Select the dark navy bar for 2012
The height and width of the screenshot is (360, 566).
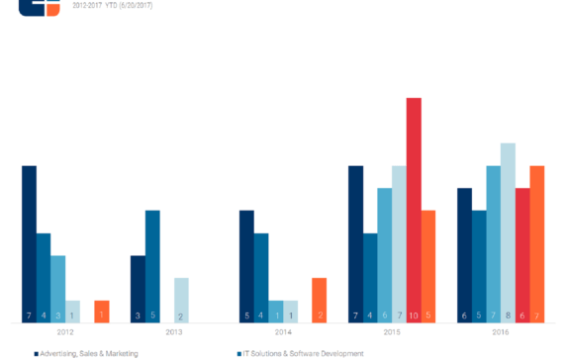point(29,243)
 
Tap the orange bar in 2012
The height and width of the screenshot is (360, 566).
point(101,311)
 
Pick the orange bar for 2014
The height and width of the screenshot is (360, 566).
point(319,300)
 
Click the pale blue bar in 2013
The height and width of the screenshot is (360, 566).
point(181,300)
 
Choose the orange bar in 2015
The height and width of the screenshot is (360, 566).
point(428,266)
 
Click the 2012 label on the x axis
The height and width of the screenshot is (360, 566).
point(65,333)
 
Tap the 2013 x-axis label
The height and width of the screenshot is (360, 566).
point(174,333)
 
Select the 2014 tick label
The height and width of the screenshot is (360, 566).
point(283,333)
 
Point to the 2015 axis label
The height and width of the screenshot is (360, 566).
point(392,333)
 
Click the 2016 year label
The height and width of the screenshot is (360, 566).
point(501,333)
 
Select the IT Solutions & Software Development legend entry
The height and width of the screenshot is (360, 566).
point(302,353)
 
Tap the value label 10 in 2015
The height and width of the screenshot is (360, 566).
point(414,315)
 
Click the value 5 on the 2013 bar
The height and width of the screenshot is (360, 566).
point(152,315)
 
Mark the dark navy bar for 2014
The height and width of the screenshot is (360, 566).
point(246,266)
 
